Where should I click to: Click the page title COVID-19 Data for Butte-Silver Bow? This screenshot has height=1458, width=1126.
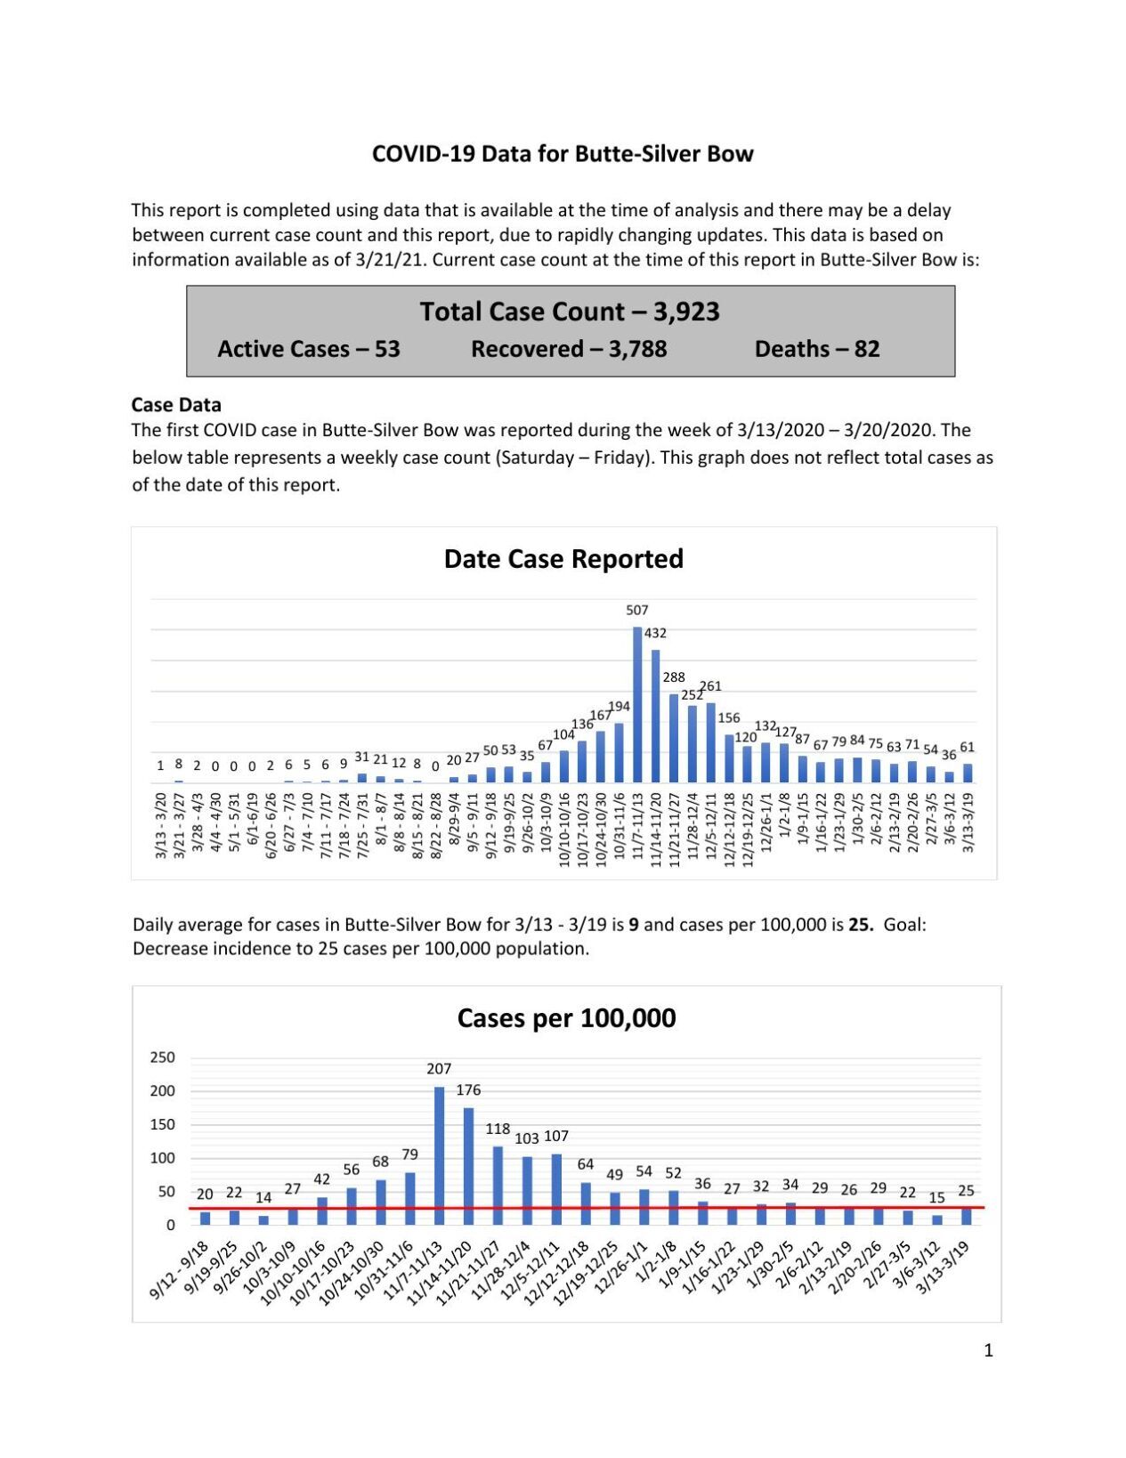563,154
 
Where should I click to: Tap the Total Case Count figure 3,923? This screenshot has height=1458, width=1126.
686,312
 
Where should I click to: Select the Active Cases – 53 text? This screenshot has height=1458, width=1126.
309,349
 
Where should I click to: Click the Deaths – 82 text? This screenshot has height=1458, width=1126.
816,349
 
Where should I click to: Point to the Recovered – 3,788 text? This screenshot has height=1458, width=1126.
569,349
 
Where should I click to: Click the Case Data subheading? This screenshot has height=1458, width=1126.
176,405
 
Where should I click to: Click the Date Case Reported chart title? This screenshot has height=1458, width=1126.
563,559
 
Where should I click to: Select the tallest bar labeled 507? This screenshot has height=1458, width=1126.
637,703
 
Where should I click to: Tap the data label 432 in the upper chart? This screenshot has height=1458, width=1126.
655,633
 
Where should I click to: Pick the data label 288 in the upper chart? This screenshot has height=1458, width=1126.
674,677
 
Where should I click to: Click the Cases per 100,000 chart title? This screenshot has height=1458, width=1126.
566,1018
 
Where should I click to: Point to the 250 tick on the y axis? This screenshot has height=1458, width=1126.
162,1057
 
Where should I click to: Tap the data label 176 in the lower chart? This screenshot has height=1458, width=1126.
468,1089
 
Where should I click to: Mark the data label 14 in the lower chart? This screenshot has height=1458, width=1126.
263,1198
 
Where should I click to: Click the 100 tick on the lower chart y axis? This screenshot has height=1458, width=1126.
162,1158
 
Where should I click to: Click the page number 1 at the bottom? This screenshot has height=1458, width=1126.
988,1350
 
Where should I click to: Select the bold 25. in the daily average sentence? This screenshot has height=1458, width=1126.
861,924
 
